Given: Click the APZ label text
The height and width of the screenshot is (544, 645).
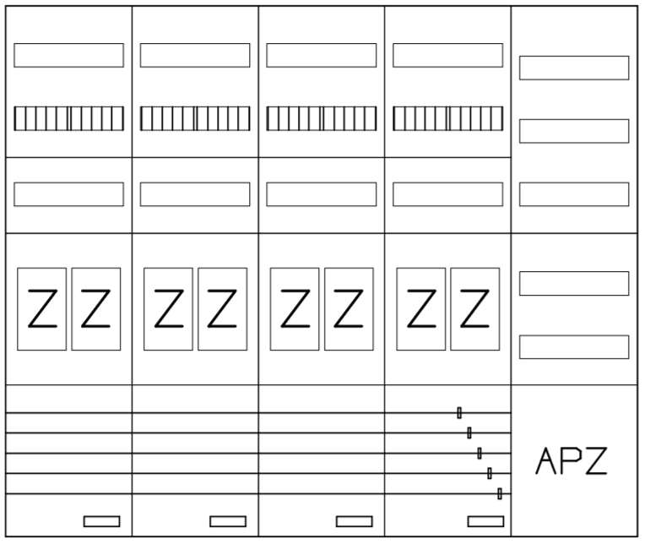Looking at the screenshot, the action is click(571, 461).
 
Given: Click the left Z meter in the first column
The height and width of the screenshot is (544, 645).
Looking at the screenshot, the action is click(41, 309).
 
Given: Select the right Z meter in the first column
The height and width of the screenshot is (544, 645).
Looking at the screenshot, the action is click(96, 309).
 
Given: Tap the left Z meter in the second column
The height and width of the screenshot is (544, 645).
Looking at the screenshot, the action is click(168, 309).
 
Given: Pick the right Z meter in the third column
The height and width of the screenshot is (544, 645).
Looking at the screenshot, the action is click(349, 309).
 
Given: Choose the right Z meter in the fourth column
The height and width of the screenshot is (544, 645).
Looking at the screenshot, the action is click(475, 309).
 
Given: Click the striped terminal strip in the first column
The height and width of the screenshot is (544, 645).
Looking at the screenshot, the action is click(68, 118).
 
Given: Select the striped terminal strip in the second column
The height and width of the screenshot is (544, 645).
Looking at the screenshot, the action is click(195, 118).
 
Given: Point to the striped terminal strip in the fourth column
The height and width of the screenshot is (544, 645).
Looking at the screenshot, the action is click(447, 118).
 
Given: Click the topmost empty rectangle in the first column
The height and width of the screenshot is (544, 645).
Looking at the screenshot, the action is click(68, 55).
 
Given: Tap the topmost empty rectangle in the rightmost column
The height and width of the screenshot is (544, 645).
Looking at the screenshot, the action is click(574, 68).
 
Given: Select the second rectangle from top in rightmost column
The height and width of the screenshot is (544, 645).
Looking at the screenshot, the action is click(574, 131).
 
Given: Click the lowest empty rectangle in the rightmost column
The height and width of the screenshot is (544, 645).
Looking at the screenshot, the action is click(574, 347).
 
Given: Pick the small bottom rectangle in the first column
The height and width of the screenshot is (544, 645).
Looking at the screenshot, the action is click(101, 521).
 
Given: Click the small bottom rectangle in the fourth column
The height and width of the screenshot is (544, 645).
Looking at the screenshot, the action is click(485, 521).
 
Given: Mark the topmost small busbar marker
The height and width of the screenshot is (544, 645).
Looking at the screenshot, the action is click(459, 413).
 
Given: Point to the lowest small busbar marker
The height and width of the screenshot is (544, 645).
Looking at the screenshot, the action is click(500, 493).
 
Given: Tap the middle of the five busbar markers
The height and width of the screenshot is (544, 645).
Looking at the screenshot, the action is click(480, 453).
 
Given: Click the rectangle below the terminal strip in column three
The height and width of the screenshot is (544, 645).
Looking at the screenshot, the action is click(322, 194).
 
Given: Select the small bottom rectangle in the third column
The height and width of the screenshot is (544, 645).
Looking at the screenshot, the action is click(355, 521).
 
